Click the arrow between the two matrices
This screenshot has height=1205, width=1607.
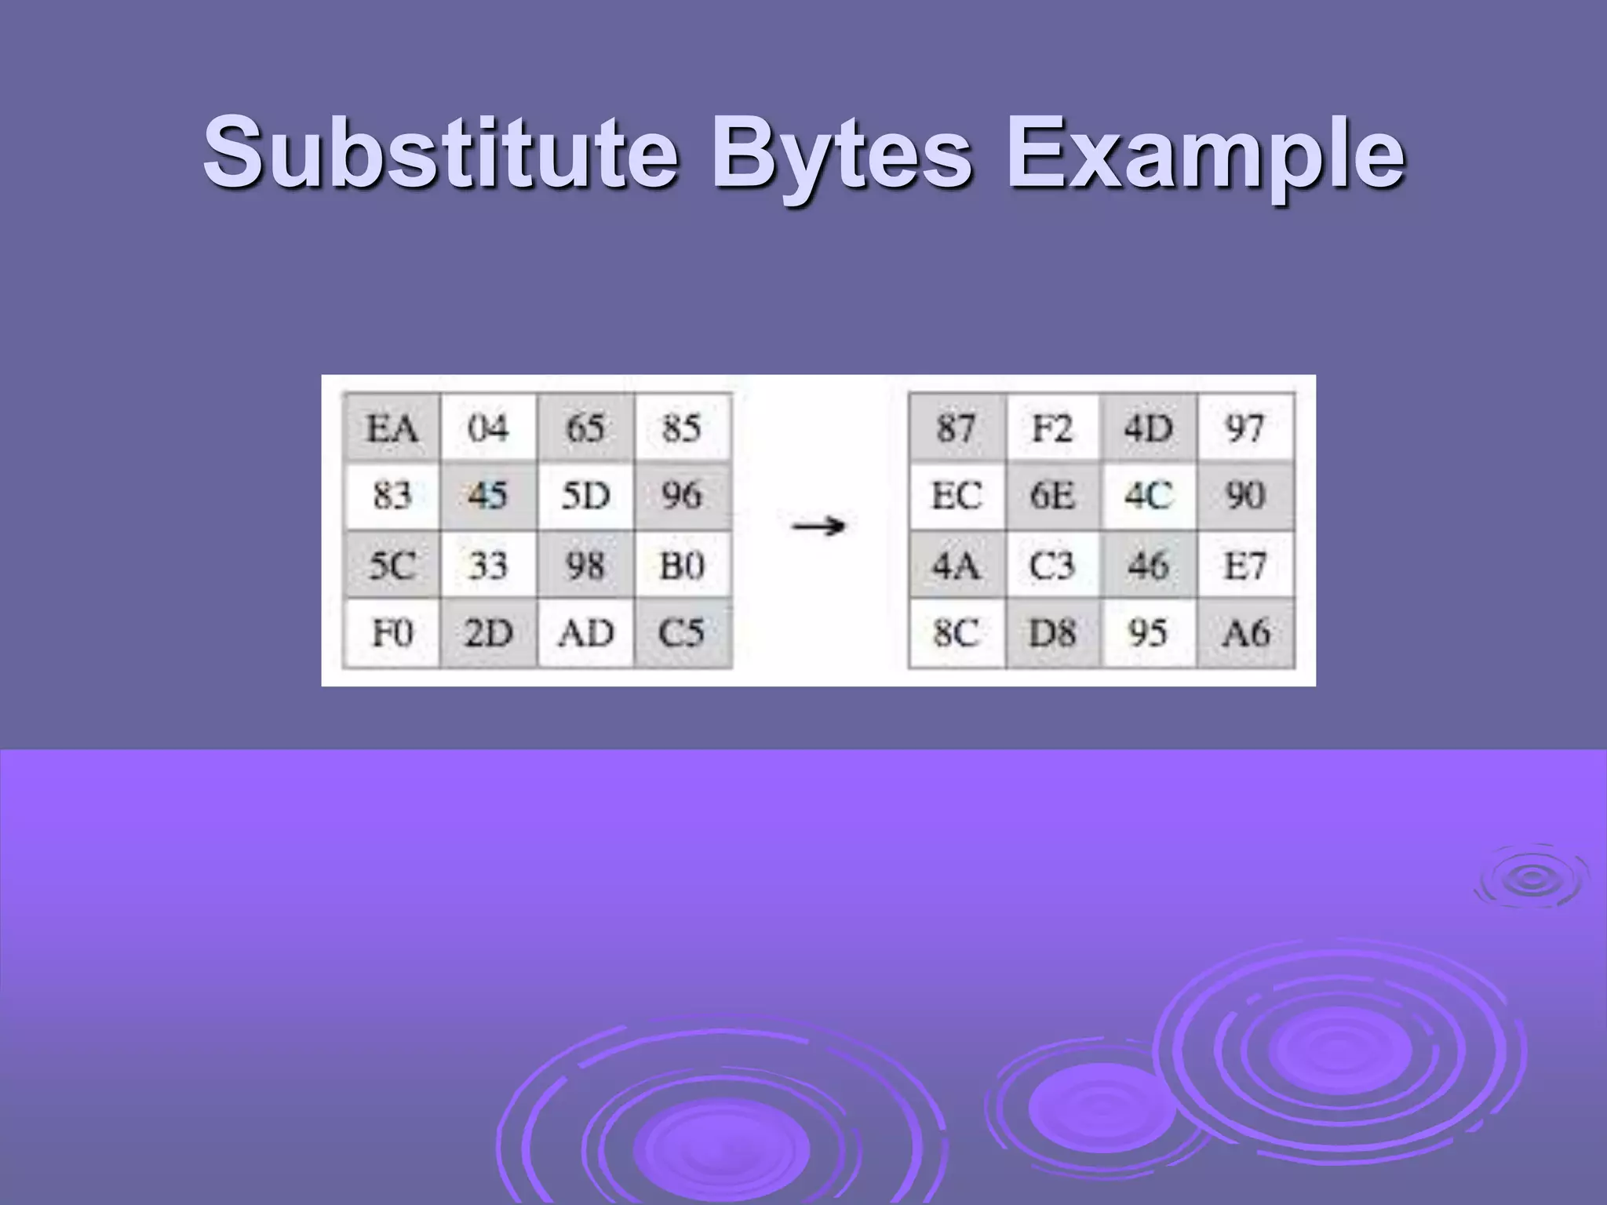tap(818, 526)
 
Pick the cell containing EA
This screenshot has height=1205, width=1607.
tap(392, 428)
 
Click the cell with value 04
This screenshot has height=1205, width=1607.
tap(488, 428)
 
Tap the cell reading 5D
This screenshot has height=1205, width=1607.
tap(585, 496)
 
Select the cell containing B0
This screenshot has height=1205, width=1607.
tap(682, 565)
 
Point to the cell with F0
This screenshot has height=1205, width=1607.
tap(392, 632)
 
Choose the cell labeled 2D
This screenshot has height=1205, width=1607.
tap(488, 632)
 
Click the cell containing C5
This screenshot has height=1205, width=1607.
tap(682, 632)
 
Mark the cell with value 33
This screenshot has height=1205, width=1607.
tap(488, 565)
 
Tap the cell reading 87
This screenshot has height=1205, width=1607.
tap(956, 428)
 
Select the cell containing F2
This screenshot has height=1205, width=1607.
tap(1052, 428)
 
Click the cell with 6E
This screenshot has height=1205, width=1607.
tap(1052, 496)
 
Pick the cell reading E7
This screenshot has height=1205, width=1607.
tap(1245, 565)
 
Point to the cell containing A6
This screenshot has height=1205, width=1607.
tap(1245, 632)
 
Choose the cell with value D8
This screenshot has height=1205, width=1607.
tap(1052, 632)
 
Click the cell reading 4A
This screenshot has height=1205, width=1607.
tap(956, 565)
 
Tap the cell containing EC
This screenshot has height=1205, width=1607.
tap(956, 496)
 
